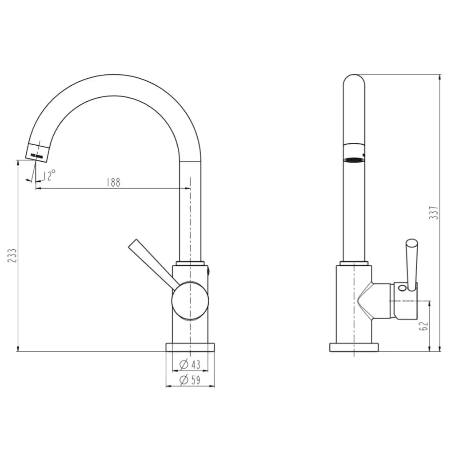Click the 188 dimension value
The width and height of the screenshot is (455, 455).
tap(113, 183)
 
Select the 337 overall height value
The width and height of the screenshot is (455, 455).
tap(434, 213)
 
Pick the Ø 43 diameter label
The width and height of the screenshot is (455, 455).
tap(190, 365)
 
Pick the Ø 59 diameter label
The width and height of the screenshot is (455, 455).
tap(190, 380)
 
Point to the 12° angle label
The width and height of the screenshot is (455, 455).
tap(50, 175)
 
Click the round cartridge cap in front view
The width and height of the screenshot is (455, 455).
tap(190, 301)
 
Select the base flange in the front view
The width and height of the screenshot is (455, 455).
tap(190, 347)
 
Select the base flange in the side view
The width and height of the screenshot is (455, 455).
tap(354, 347)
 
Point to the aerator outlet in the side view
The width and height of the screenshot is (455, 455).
tap(354, 159)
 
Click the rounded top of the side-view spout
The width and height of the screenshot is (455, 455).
tap(354, 79)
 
